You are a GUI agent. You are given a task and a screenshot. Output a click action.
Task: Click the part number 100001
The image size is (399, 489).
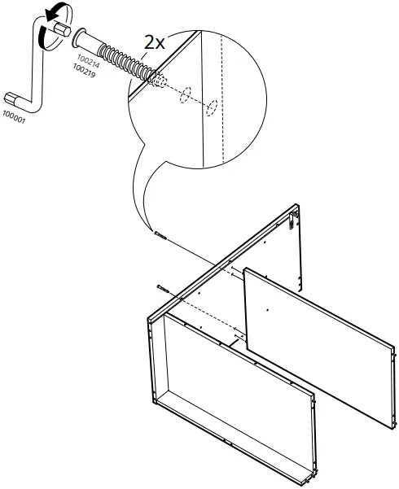14,119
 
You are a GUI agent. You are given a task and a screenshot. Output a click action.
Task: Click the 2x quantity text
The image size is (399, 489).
154,43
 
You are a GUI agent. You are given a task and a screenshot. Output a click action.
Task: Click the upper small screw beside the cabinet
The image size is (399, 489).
159,235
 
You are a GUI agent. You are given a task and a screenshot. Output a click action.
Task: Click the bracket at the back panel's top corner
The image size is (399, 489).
293,216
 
